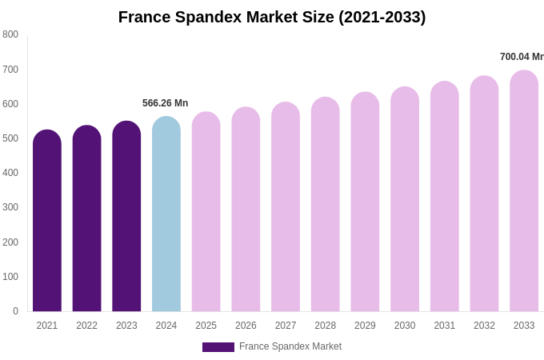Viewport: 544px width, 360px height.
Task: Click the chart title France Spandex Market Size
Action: [x=272, y=17]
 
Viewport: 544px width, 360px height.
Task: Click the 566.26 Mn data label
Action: [x=165, y=103]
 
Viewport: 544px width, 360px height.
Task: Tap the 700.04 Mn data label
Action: [x=522, y=57]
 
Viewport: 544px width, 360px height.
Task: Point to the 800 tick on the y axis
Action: [x=10, y=34]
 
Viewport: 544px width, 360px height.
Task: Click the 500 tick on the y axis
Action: [x=10, y=138]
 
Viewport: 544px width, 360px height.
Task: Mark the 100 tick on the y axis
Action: [x=10, y=277]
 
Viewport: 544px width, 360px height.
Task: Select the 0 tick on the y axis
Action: [x=15, y=311]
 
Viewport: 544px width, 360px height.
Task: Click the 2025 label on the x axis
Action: [x=206, y=326]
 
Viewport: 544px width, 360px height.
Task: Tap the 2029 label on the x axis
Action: [x=365, y=326]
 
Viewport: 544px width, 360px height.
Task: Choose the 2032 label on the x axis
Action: [x=484, y=326]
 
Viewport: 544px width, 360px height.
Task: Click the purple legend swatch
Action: [x=218, y=347]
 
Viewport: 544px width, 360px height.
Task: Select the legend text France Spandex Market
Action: [x=290, y=346]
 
